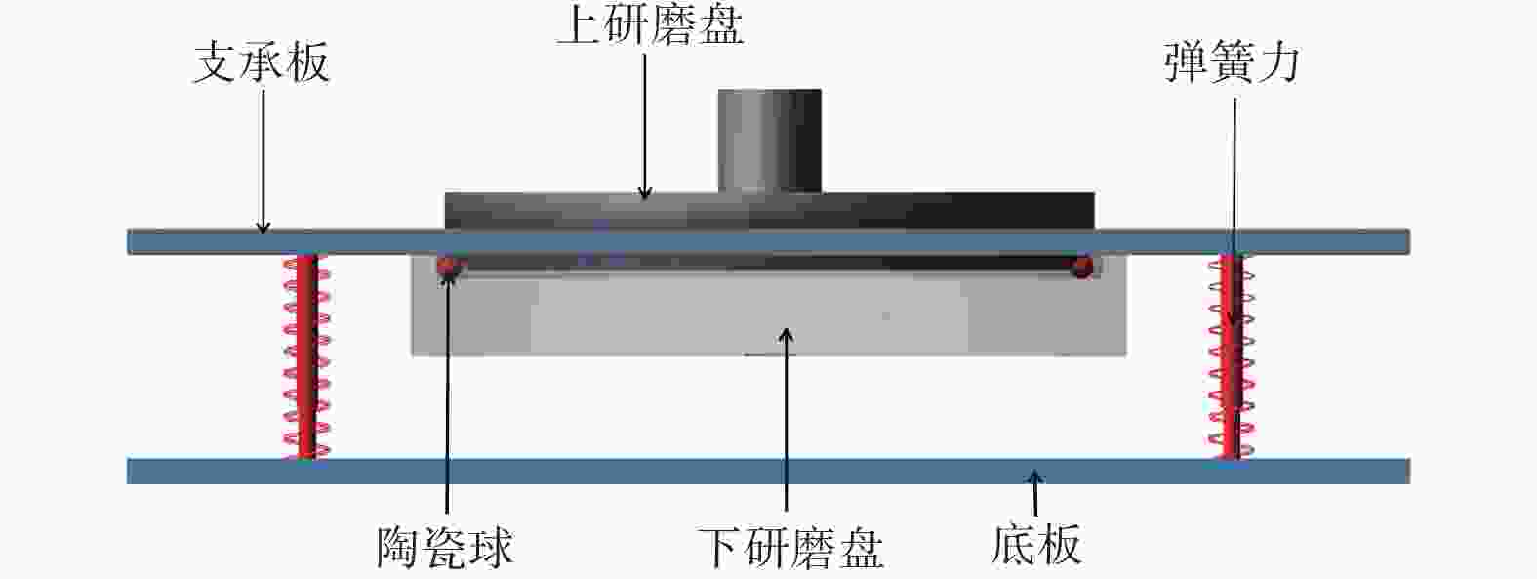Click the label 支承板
262,63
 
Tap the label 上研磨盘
650,26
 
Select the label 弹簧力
1232,62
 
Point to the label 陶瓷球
445,547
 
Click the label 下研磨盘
789,548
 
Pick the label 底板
1036,545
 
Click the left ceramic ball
447,267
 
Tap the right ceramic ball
1083,267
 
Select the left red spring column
306,355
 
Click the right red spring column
1232,355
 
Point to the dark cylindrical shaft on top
770,141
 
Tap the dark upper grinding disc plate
769,211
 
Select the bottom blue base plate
769,472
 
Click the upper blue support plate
769,242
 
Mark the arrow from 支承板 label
263,161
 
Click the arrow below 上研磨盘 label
644,127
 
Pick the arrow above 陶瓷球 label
447,393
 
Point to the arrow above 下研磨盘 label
787,420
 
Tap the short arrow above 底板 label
1035,493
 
